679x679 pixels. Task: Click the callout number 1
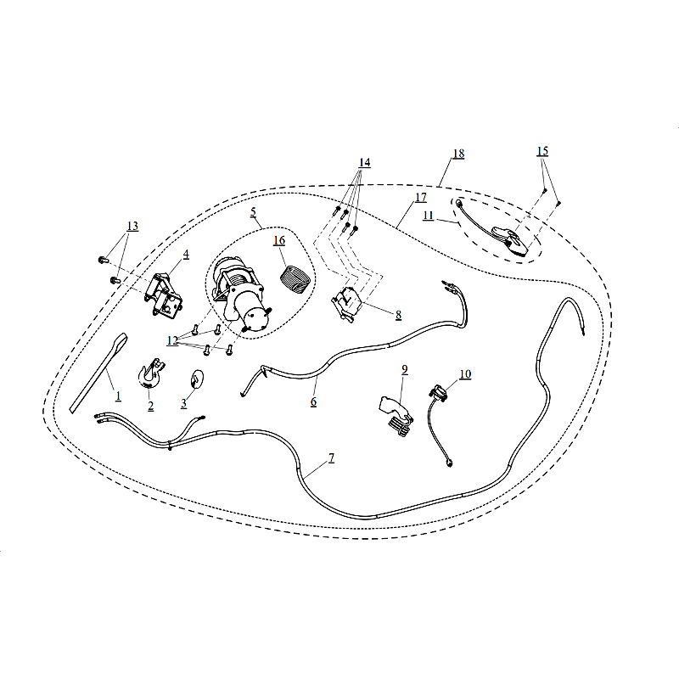(118, 396)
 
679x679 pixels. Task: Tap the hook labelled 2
(151, 373)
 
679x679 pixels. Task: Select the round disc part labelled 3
(197, 379)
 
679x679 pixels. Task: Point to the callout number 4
(186, 254)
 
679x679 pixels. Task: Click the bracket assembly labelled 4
(164, 295)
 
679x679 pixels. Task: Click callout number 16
(279, 240)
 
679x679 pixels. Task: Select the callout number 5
(253, 212)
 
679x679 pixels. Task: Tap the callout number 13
(132, 226)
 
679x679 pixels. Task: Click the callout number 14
(364, 162)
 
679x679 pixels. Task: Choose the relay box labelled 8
(347, 303)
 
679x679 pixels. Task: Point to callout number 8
(398, 315)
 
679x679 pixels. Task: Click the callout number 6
(313, 401)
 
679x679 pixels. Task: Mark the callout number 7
(331, 457)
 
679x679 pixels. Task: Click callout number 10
(465, 374)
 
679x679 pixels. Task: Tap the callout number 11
(428, 216)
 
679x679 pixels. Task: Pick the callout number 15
(542, 151)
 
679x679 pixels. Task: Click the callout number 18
(458, 154)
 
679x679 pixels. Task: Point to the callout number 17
(421, 198)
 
